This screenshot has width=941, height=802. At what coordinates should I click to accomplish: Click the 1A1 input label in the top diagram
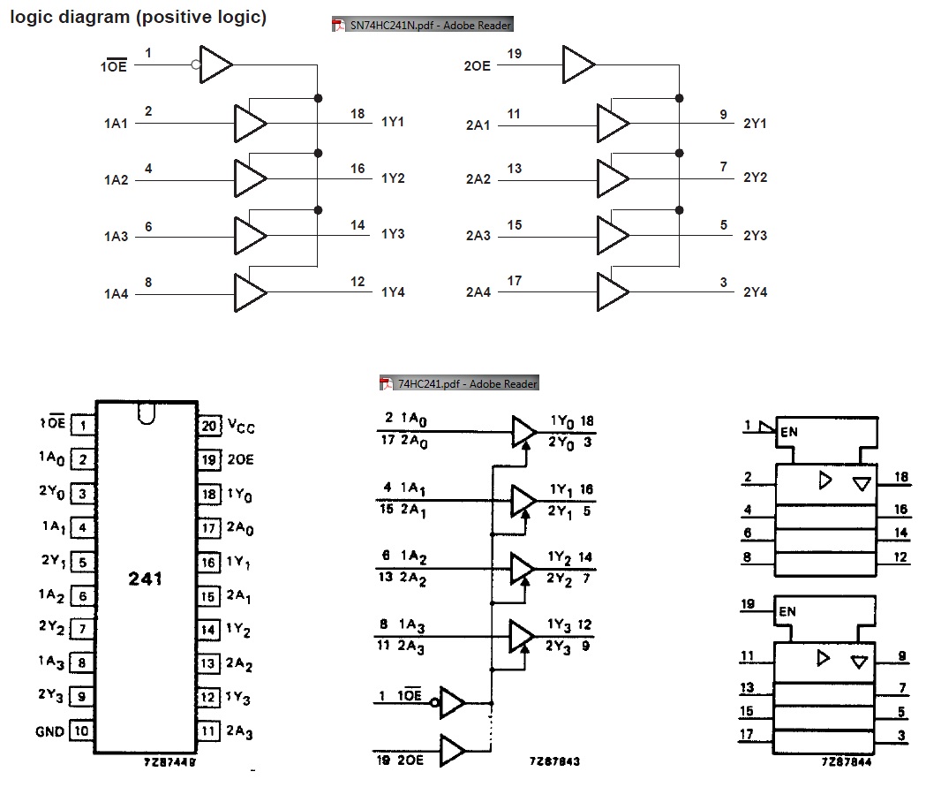tap(116, 124)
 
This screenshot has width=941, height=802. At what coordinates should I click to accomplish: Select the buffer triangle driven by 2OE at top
tap(578, 64)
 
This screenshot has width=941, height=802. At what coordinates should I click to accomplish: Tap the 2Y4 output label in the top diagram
tap(755, 292)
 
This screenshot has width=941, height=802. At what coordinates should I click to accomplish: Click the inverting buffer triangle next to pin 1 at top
tap(215, 64)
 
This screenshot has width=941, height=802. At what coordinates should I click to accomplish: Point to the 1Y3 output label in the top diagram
tap(393, 235)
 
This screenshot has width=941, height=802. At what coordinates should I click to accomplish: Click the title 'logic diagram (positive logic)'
tap(138, 17)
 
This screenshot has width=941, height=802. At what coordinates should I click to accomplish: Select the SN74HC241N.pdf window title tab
tap(422, 26)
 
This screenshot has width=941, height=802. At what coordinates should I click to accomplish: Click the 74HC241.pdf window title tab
tap(459, 383)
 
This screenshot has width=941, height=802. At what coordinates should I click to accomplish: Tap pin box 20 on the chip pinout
tap(208, 427)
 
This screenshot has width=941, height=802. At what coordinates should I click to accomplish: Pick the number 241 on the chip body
tap(145, 579)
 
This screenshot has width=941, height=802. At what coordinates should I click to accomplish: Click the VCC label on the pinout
tap(241, 426)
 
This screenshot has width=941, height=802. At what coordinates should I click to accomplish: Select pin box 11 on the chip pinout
tap(208, 730)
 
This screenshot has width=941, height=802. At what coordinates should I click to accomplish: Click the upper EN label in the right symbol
tap(788, 433)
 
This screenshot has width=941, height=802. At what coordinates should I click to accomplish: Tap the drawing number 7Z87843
tap(554, 760)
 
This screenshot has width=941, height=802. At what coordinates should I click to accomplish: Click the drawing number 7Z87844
tap(846, 760)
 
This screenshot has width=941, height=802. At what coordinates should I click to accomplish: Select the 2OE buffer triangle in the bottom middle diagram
tap(451, 751)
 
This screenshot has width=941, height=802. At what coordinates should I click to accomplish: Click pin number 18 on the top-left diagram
tap(358, 114)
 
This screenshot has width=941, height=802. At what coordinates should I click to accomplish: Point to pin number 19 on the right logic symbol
tap(748, 605)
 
